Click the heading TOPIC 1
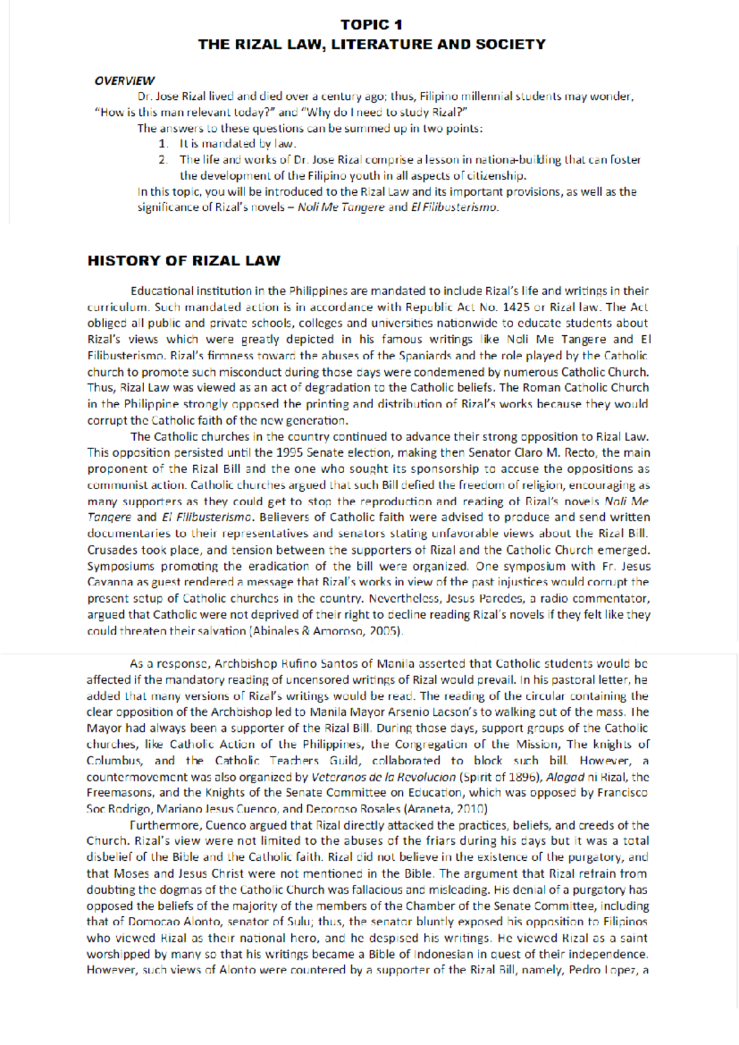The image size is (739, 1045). pos(371,25)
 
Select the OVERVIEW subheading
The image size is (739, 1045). pos(124,81)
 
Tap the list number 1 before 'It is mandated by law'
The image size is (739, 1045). pos(162,144)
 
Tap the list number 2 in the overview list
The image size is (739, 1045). pos(162,160)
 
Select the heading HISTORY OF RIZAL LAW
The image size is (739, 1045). pos(184,261)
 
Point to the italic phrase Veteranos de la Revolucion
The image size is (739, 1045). pos(384,777)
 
